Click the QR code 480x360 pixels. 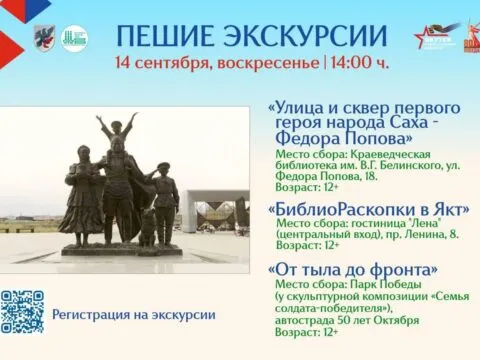pyautogui.click(x=21, y=311)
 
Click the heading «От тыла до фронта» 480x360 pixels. pyautogui.click(x=352, y=269)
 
